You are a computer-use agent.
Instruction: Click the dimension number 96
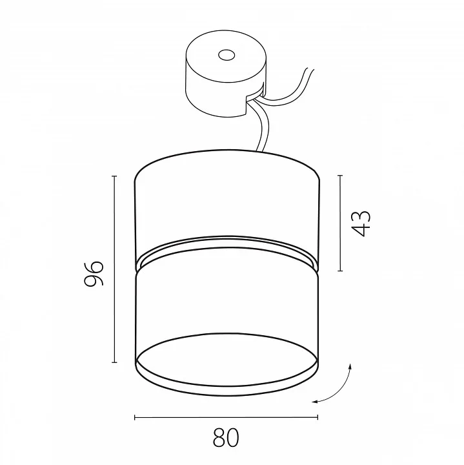click(x=94, y=273)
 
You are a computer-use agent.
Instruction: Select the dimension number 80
click(x=226, y=438)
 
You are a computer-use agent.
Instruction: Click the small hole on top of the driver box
click(x=227, y=55)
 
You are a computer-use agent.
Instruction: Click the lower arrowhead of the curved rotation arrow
click(x=315, y=402)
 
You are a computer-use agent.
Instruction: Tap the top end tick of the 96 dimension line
click(x=114, y=176)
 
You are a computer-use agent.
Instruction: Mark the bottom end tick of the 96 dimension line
click(x=114, y=362)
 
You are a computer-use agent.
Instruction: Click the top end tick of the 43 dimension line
click(x=340, y=176)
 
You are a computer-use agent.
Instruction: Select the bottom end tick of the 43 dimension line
click(x=340, y=271)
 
